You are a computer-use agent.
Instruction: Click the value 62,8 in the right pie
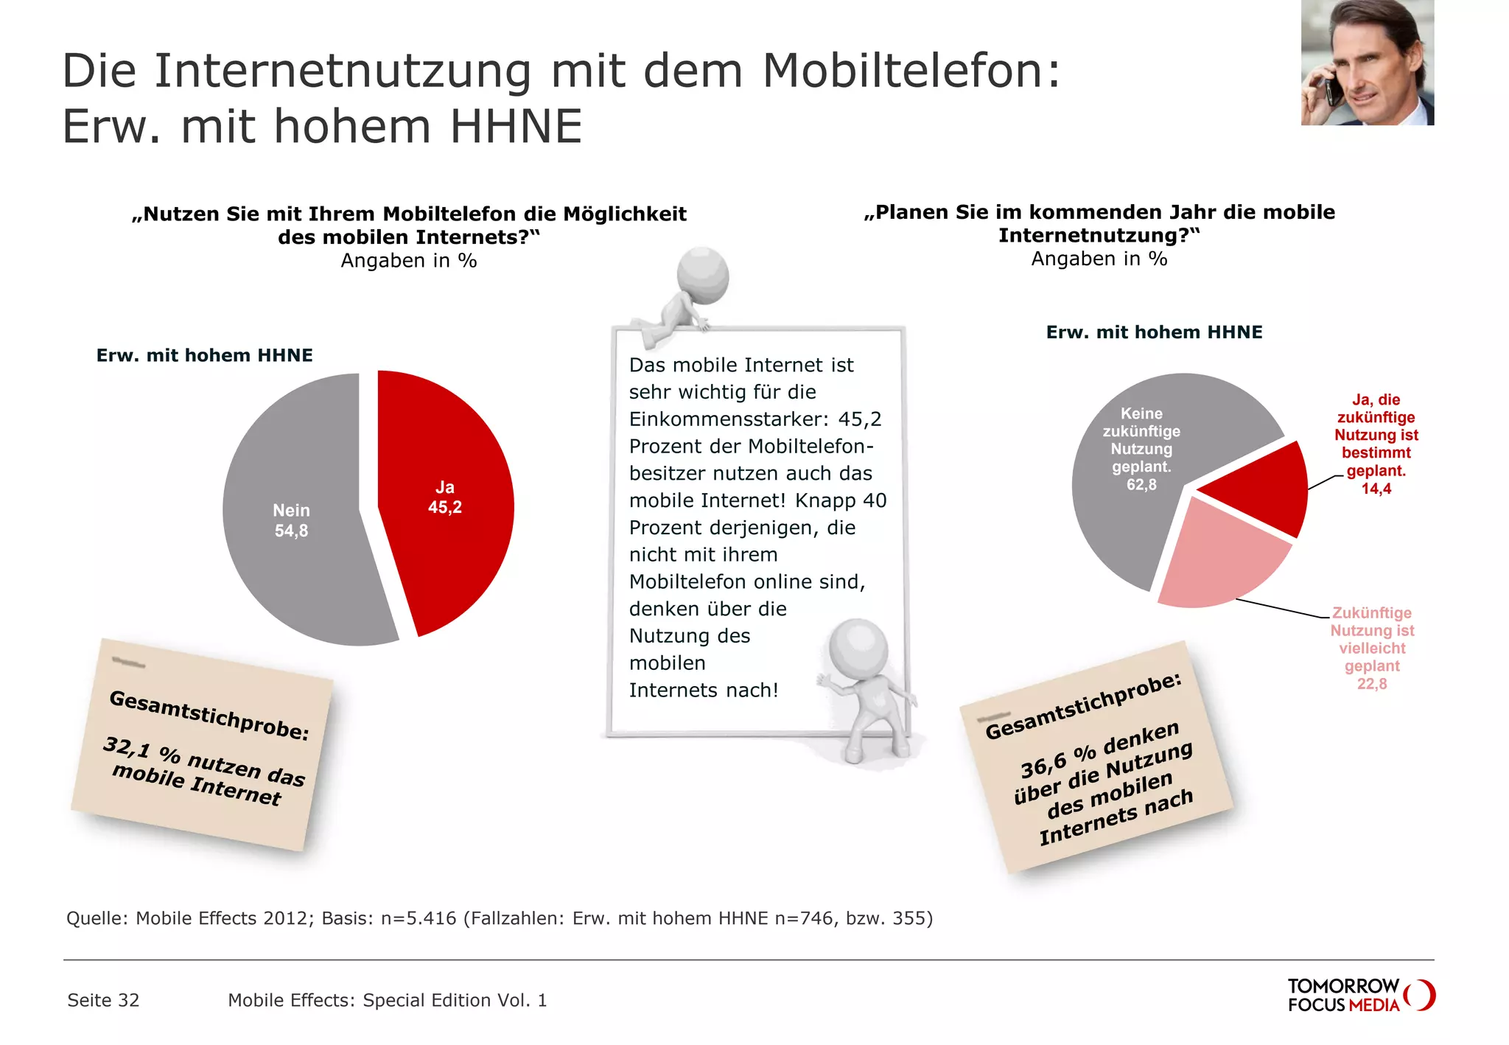(1141, 485)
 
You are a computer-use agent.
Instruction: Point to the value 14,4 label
(1376, 489)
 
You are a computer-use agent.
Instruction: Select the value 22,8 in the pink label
(1371, 684)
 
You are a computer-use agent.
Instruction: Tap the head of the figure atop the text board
(704, 276)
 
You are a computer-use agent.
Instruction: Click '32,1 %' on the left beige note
(140, 750)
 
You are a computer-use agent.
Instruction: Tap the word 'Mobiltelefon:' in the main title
(911, 71)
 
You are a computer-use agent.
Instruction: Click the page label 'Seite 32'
(103, 1000)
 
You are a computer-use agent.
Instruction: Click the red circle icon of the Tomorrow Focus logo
(1421, 995)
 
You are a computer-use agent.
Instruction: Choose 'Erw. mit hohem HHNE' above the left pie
(205, 355)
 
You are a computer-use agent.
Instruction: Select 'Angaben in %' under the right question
(1099, 259)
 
